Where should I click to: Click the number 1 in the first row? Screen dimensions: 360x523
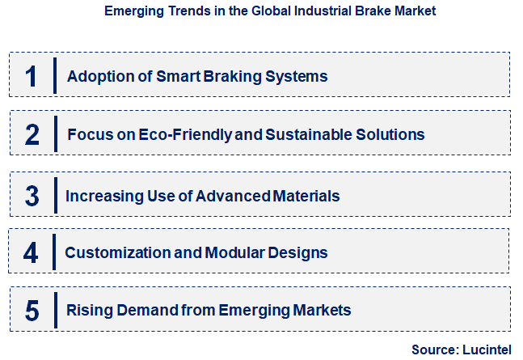pyautogui.click(x=31, y=76)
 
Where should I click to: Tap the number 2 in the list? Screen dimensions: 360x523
pyautogui.click(x=32, y=133)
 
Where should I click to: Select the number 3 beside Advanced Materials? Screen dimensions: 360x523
pyautogui.click(x=32, y=196)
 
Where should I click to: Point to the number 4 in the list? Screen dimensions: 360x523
pyautogui.click(x=31, y=252)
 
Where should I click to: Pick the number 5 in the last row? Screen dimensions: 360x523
pyautogui.click(x=32, y=310)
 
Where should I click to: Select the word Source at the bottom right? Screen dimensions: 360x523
pyautogui.click(x=434, y=349)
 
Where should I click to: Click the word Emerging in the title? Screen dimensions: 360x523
pyautogui.click(x=133, y=11)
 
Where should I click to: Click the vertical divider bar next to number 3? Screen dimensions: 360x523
pyautogui.click(x=54, y=196)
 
